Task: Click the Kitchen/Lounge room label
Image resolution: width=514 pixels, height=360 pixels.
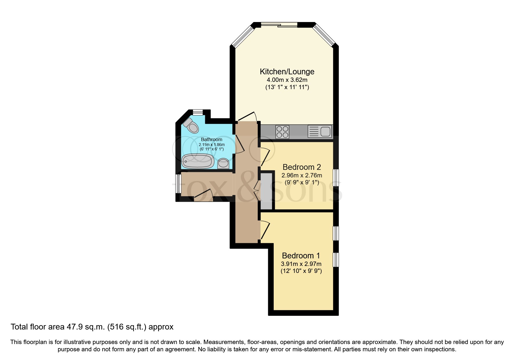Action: click(287, 71)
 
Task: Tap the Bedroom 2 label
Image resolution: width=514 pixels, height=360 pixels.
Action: click(302, 167)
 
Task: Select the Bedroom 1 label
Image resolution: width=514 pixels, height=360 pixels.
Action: click(301, 255)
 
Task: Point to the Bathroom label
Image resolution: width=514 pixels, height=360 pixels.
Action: click(212, 140)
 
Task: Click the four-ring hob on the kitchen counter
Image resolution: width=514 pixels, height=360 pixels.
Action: click(282, 132)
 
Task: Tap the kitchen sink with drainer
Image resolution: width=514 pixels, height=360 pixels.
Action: click(320, 132)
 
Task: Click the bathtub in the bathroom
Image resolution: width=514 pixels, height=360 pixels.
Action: click(198, 161)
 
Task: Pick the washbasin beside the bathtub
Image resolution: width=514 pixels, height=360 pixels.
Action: click(223, 163)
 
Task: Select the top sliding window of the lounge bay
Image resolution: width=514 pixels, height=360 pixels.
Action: click(279, 25)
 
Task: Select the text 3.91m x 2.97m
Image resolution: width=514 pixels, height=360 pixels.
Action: click(301, 264)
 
